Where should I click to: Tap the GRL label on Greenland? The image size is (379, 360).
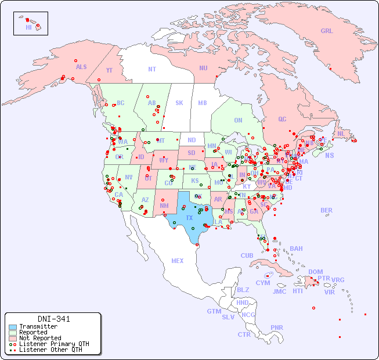(x=327, y=31)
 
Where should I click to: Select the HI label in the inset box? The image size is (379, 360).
(x=28, y=27)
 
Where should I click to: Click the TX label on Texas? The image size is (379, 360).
(x=189, y=218)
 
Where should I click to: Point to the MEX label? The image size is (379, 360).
(x=178, y=261)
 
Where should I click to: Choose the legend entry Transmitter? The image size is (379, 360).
(x=38, y=327)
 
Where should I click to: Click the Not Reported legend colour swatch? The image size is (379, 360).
(x=13, y=338)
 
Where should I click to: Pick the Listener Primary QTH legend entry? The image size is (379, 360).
(x=54, y=344)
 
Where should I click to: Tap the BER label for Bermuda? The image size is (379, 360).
(x=326, y=210)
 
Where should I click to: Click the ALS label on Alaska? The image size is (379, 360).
(x=81, y=67)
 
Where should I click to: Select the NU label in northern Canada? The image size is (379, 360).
(x=203, y=68)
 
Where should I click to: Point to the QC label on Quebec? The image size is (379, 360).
(x=282, y=119)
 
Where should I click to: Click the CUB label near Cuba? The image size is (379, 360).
(x=247, y=255)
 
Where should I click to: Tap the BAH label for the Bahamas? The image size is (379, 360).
(x=296, y=249)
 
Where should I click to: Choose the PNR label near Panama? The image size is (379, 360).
(x=277, y=327)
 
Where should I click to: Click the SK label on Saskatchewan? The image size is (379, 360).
(x=179, y=103)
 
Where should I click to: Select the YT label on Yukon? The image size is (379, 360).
(x=109, y=70)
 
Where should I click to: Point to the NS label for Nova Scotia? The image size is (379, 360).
(x=329, y=155)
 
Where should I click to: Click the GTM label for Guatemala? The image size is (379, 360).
(x=214, y=311)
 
